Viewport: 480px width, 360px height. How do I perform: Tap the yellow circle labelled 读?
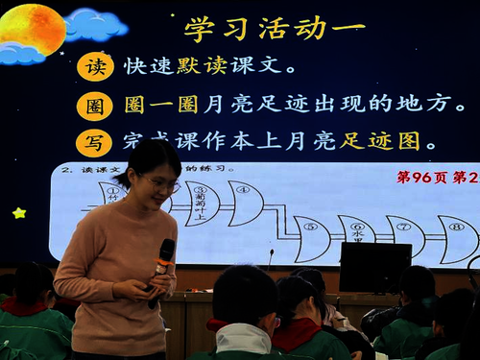pos(94,67)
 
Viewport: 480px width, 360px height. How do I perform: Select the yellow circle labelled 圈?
pos(94,105)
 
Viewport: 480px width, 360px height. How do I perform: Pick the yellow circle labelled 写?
pos(94,142)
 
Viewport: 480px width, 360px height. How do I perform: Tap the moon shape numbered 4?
pos(245,202)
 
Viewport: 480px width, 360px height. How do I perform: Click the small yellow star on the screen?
pos(19,212)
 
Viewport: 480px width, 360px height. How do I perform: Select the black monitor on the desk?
pos(375,266)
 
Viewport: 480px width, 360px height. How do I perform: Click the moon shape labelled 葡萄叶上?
pos(201,203)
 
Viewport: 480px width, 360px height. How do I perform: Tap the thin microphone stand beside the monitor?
pos(272,257)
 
